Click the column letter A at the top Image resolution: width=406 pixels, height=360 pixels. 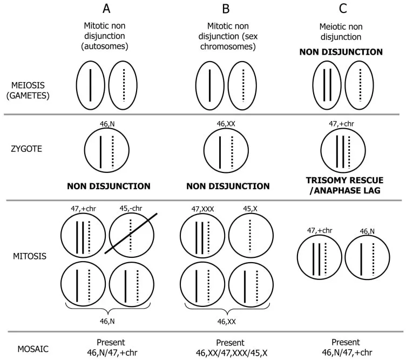pyautogui.click(x=108, y=9)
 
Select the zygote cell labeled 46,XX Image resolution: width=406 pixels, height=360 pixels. pyautogui.click(x=226, y=152)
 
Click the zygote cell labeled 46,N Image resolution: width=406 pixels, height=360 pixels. pyautogui.click(x=107, y=152)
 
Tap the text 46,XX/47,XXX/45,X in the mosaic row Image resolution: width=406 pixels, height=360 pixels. pyautogui.click(x=230, y=353)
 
